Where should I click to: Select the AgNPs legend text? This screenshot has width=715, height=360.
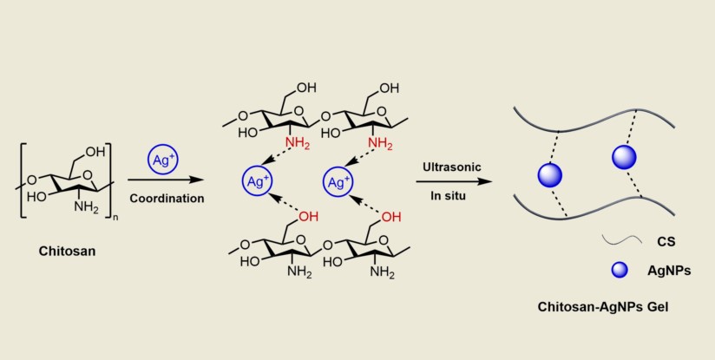click(669, 271)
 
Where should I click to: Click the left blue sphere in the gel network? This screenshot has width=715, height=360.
click(549, 174)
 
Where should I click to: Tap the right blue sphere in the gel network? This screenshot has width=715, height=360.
click(624, 157)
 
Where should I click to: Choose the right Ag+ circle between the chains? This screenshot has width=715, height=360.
click(338, 182)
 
